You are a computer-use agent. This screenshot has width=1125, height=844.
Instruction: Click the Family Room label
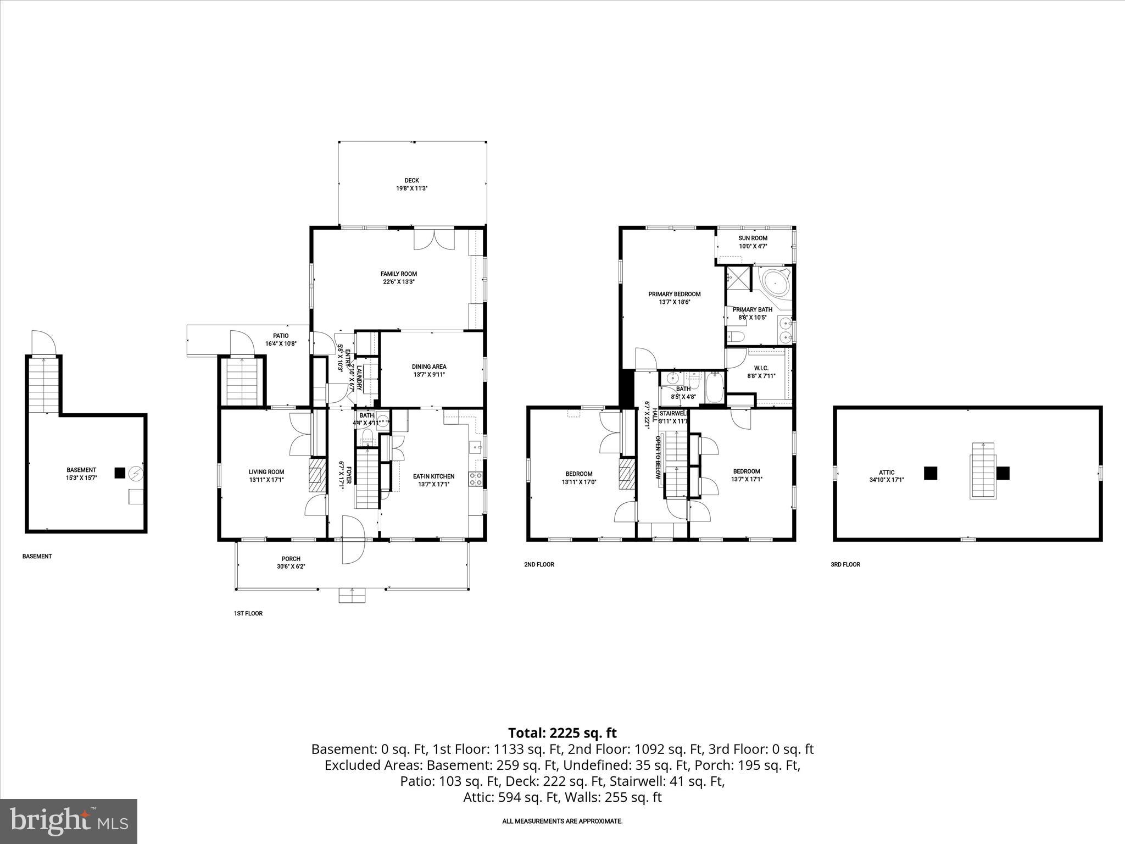tap(399, 274)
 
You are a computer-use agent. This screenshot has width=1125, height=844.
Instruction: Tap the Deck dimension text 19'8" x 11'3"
tap(411, 188)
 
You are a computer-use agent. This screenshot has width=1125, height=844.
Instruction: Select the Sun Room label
tap(753, 238)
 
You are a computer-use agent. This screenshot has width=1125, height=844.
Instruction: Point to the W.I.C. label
tap(761, 368)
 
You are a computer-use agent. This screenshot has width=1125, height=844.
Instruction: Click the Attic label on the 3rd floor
tap(887, 472)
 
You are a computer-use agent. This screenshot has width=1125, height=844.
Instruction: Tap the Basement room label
tap(81, 470)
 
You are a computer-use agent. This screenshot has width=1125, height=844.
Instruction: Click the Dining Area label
tap(429, 367)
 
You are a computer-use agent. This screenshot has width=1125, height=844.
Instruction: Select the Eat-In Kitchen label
tap(433, 476)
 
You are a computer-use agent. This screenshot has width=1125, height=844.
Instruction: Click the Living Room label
tap(266, 471)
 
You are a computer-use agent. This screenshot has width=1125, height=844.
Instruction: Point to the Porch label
tap(291, 559)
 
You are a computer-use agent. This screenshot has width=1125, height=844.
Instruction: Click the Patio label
tap(281, 336)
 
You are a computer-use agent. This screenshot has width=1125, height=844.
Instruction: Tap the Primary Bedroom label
tap(674, 294)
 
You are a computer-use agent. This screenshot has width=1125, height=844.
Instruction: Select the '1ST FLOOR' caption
tap(248, 613)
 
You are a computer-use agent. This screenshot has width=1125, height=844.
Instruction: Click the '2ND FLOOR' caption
tap(539, 564)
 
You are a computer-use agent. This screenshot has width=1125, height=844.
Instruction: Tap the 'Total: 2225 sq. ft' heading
tap(562, 733)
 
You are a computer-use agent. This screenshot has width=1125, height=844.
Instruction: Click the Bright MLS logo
tap(69, 821)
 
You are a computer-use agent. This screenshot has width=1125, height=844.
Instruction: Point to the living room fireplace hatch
tap(317, 475)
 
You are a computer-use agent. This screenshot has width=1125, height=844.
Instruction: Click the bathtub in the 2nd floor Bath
tap(715, 388)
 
